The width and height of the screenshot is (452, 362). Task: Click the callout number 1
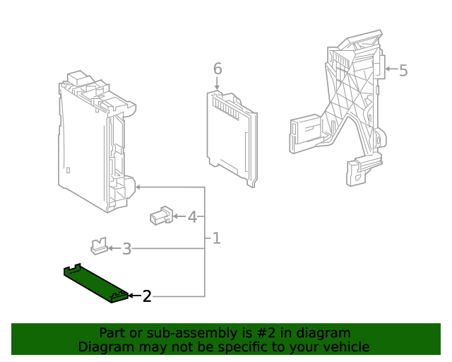216,239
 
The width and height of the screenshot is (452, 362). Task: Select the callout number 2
147,296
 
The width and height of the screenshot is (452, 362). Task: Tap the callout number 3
127,249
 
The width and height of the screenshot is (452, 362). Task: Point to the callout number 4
192,216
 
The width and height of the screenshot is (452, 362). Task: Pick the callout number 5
403,70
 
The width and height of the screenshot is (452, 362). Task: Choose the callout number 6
218,69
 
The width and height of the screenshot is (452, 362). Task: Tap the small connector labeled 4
161,215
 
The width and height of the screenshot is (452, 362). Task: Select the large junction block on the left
95,145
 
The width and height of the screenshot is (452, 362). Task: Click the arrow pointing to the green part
134,296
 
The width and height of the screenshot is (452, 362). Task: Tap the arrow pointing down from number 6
218,84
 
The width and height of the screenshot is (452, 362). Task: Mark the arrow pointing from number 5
390,70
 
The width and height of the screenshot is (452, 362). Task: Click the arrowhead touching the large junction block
138,187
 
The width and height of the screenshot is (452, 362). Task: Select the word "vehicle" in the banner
346,346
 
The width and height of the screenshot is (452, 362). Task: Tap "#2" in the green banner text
257,332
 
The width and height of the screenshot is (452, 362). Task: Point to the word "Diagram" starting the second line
105,346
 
